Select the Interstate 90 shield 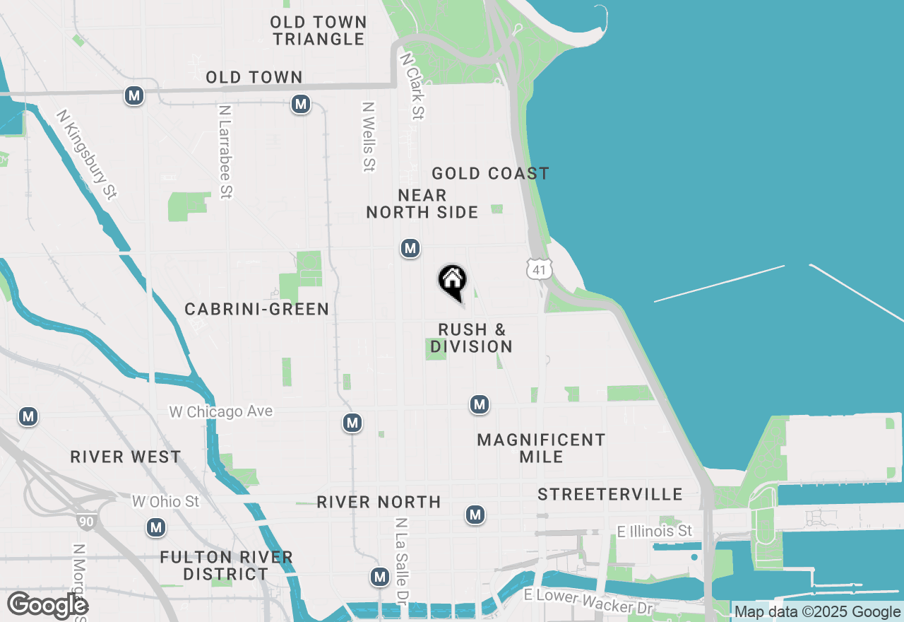[x=86, y=522]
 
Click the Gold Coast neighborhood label [x=490, y=173]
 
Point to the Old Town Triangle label [x=319, y=30]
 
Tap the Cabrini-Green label [x=256, y=309]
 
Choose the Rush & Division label [x=471, y=338]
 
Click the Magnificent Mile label [x=541, y=448]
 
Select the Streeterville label [x=610, y=494]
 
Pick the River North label [x=379, y=502]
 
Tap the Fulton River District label [x=226, y=565]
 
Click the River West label [x=126, y=457]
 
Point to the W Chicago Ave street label [x=220, y=411]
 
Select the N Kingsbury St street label [x=86, y=154]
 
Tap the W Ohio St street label [x=166, y=501]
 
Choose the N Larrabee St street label [x=225, y=152]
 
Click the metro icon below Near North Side [x=410, y=248]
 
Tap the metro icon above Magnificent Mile [x=480, y=404]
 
